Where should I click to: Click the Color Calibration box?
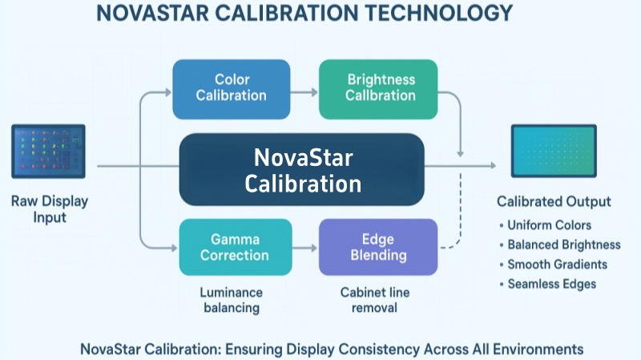coord(231,87)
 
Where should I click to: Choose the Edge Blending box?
coord(378,247)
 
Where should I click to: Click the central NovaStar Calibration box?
coord(303,169)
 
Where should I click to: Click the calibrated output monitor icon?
coord(554,151)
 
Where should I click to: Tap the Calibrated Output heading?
coord(554,201)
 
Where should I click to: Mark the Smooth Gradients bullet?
coord(557,264)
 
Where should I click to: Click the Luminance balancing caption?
coord(231,301)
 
